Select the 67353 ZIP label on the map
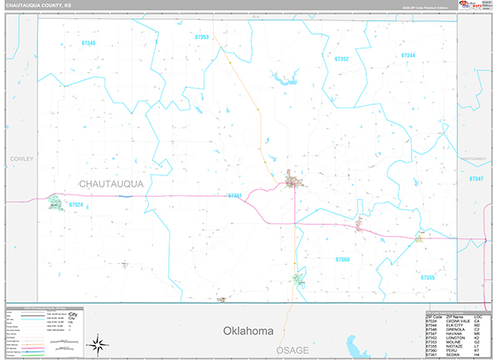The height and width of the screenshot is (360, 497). tap(202, 37)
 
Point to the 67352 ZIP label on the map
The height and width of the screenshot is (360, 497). tap(340, 60)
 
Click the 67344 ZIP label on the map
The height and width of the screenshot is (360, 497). tap(408, 55)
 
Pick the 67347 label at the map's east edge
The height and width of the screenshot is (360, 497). tap(475, 178)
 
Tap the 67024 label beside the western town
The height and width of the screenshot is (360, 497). tap(75, 204)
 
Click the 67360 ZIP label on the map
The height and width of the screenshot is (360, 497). tap(343, 259)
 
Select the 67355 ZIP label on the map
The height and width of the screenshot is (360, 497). tap(427, 277)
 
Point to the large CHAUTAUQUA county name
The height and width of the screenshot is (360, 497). tap(111, 183)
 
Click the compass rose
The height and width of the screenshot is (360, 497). tap(99, 342)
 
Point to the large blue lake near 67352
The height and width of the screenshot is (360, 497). tap(284, 80)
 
